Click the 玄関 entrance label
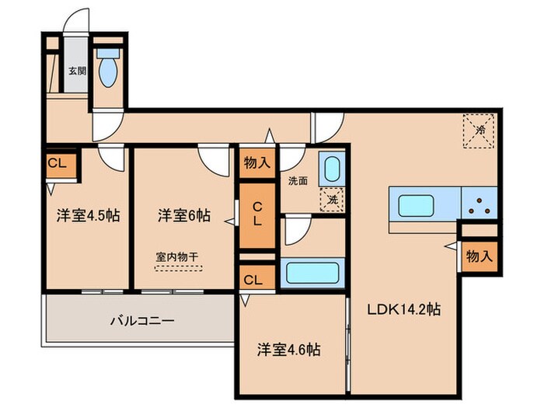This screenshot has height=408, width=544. pos(76,71)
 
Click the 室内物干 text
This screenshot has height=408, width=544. pos(178,256)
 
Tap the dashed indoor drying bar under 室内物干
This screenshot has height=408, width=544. pos(178,268)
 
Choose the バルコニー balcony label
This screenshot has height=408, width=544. pos(140,320)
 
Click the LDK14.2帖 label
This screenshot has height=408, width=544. pos(404,309)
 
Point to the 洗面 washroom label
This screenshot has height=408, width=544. pos(298,181)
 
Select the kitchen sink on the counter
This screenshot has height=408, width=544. pos(423,205)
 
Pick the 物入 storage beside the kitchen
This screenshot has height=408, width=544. pos(477,256)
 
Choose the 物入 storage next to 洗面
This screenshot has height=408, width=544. pos(256,162)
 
